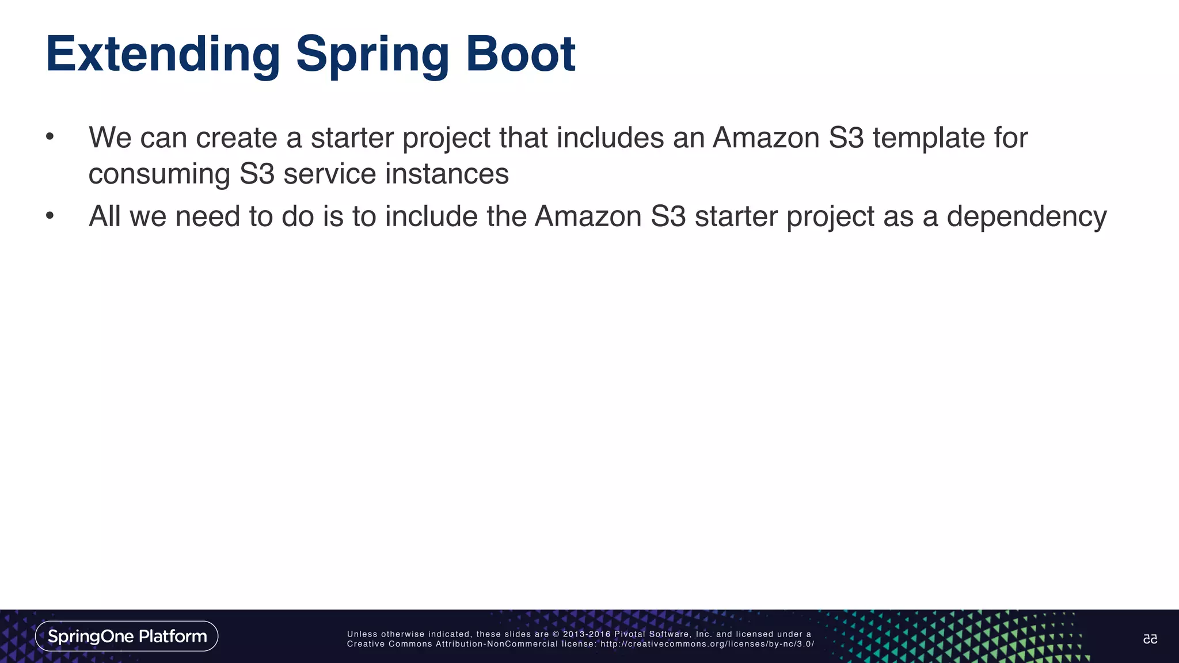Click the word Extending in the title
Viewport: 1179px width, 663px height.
tap(163, 55)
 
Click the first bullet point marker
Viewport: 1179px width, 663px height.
tap(50, 138)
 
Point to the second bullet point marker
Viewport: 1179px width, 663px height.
tap(50, 216)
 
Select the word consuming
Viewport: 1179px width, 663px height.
tap(159, 174)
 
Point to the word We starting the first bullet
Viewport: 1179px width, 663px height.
tap(110, 138)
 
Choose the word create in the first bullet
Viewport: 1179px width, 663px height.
tap(237, 138)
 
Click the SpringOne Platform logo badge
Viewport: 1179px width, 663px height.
tap(127, 636)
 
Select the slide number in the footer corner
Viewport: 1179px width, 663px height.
tap(1150, 639)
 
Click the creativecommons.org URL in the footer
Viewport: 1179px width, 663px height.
tap(707, 644)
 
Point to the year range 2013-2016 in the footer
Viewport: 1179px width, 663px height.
tap(587, 634)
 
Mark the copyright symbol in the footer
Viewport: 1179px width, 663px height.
tap(556, 634)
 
